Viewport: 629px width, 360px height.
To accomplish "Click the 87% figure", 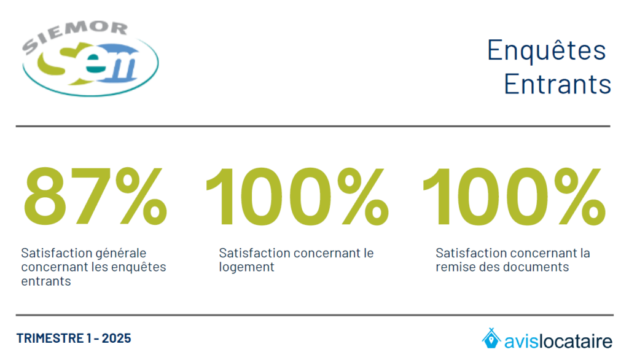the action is [95, 196].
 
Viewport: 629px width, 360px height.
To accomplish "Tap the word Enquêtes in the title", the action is [546, 50].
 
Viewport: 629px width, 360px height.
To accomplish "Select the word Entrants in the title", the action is [557, 84].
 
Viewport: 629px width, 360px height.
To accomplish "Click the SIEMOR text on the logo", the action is [75, 35].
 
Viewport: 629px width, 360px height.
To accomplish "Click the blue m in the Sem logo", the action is [119, 65].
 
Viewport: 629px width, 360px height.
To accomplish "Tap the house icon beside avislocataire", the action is [491, 338].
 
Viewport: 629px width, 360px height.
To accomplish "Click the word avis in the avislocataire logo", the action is [521, 342].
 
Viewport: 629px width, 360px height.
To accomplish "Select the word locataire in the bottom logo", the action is [575, 341].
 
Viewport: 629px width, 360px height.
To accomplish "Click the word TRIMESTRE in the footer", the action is [50, 338].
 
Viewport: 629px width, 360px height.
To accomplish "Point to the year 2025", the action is [116, 338].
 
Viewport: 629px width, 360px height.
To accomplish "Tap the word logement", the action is [246, 268].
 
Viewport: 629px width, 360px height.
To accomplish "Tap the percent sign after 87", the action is [141, 196].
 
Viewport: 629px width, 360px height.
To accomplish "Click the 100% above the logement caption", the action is [297, 196].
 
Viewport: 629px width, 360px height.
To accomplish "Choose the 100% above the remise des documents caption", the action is [514, 196].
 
